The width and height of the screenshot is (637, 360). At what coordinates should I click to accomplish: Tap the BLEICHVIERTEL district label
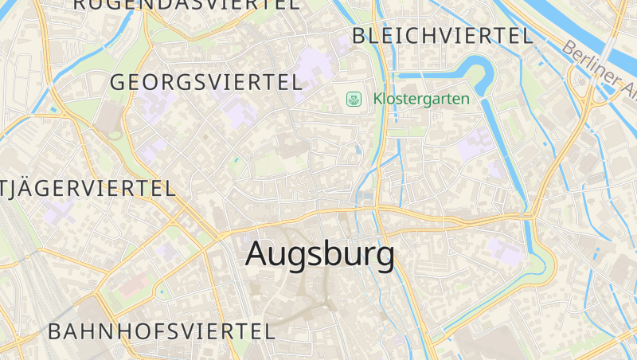tap(442, 36)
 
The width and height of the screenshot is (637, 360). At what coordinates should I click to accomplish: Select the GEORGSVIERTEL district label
tap(205, 82)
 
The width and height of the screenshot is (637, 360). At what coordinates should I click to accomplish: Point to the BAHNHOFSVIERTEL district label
tap(161, 331)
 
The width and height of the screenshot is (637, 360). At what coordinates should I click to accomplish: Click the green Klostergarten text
tap(421, 100)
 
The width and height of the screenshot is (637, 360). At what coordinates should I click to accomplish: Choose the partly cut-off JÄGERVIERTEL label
tap(88, 189)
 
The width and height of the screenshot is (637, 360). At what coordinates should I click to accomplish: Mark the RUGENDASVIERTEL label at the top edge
tap(187, 4)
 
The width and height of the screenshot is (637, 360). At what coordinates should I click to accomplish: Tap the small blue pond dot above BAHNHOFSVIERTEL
tap(162, 292)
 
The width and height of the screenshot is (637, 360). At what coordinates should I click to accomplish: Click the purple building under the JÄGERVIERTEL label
tap(60, 211)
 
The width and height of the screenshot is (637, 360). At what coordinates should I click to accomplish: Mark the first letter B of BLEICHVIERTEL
tap(359, 36)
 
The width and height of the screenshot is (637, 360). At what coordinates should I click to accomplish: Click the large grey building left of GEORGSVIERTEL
tap(108, 119)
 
